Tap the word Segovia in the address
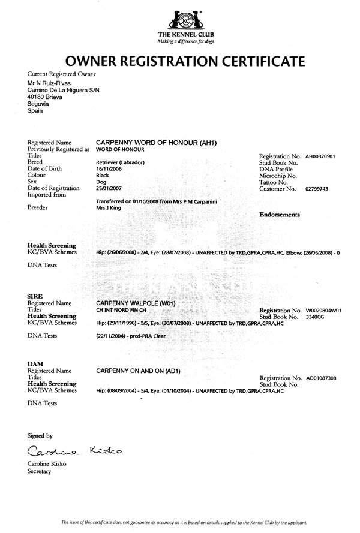(x=38, y=104)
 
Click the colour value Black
(x=103, y=176)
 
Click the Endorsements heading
(x=279, y=214)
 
